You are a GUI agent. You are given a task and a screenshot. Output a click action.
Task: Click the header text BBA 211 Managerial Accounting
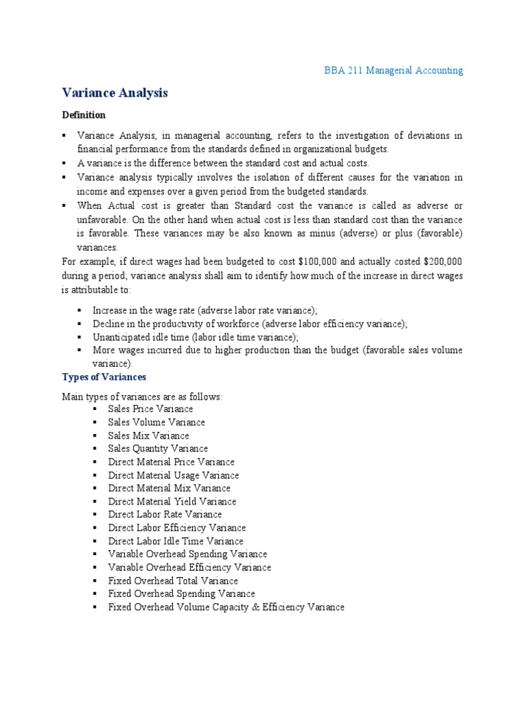coord(393,71)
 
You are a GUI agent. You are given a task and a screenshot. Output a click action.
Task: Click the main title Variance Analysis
coord(115,92)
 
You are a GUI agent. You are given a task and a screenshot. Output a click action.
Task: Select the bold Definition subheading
coord(84,115)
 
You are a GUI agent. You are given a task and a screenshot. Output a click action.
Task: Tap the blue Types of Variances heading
coord(104,377)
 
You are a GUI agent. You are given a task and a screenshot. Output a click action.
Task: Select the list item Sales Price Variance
coord(150,409)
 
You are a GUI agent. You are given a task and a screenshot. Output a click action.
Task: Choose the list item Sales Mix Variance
coord(148,435)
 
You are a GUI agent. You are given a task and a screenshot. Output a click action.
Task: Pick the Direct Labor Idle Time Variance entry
coord(176,541)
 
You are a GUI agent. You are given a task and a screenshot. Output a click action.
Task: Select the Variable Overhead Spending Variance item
coord(187,554)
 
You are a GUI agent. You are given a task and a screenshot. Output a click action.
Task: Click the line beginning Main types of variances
coord(142,397)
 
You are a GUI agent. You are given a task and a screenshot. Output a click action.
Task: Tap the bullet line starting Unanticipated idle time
coord(196,337)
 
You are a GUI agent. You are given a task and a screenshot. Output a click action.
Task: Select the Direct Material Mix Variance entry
coord(169,488)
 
